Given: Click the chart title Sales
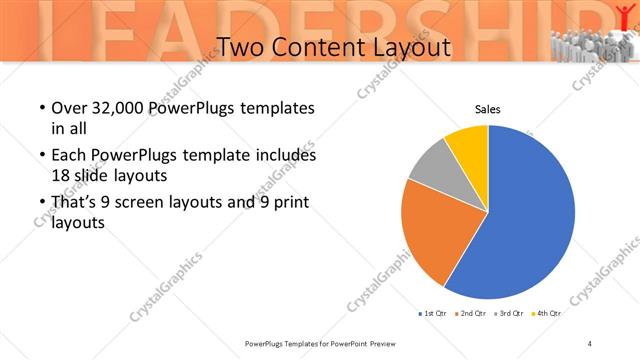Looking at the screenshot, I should [487, 110].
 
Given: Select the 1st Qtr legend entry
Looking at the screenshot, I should [432, 313].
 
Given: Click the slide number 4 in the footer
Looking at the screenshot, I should [590, 343].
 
